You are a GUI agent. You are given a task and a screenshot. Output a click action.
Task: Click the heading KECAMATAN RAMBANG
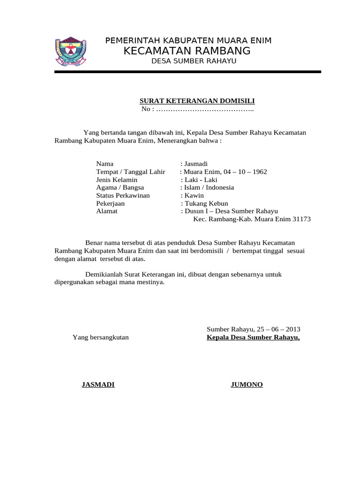coord(187,51)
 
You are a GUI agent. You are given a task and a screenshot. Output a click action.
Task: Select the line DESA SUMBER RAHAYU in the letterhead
coord(194,61)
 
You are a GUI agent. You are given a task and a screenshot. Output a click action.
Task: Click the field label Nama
coord(105,164)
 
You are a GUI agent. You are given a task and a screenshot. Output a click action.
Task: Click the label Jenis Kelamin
coord(117,180)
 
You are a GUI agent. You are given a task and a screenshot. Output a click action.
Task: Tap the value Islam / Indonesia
coord(209,187)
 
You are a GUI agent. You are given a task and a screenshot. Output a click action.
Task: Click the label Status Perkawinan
coord(123,195)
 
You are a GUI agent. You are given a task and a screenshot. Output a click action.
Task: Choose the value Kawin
coord(194,195)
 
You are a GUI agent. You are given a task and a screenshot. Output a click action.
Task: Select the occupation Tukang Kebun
coord(206,203)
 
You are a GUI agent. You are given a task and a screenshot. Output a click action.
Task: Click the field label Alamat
coord(106,211)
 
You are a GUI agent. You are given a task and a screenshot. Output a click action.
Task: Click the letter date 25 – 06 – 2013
coord(278,329)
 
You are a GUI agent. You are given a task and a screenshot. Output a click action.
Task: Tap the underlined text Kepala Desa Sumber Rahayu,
coord(253,337)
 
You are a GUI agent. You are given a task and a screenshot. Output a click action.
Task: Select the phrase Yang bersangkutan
coord(100,337)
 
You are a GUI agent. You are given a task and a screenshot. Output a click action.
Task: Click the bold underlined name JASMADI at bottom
coord(98,385)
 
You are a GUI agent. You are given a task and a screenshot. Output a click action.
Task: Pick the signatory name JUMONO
coord(247,385)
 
